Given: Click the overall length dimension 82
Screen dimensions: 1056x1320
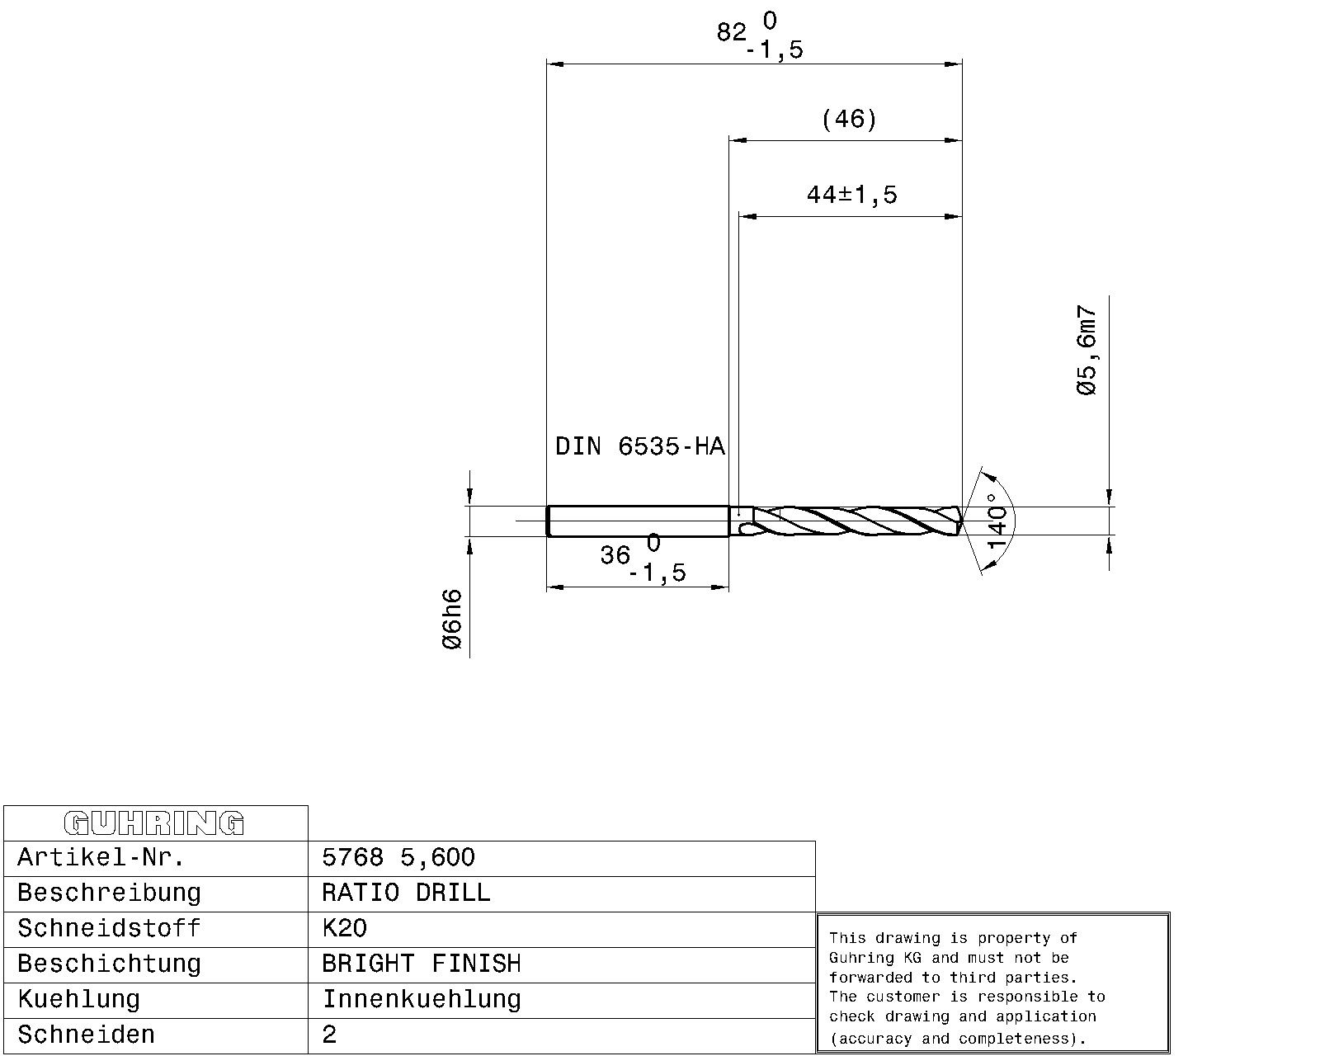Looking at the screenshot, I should click(732, 33).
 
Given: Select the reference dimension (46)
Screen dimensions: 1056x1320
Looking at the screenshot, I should click(849, 120).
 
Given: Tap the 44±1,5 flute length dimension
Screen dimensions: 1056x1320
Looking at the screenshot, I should click(851, 196).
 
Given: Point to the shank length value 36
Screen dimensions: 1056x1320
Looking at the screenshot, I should click(615, 556).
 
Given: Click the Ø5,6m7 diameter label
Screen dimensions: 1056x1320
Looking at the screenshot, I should click(1088, 351).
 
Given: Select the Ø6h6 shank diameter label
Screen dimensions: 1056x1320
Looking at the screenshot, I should click(452, 620).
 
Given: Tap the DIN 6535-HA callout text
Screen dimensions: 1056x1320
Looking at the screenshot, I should click(639, 447).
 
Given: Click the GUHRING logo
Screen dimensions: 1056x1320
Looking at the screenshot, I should click(154, 823).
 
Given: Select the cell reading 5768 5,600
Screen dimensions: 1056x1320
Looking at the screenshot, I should click(398, 858).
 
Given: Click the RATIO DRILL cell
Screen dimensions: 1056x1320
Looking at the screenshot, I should click(406, 893).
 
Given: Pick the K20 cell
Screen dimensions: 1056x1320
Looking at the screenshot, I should click(344, 929).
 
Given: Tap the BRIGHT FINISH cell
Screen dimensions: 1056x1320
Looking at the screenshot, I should click(421, 964).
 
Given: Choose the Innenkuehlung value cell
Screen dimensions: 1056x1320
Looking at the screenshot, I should click(421, 1000).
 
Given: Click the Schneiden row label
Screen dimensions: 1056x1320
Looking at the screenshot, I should click(86, 1035).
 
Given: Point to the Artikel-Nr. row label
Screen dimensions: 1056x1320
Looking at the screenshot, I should click(101, 858).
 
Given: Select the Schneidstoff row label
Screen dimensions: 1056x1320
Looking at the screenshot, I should click(109, 929).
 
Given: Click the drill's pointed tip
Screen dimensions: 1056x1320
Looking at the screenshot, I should click(960, 521).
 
